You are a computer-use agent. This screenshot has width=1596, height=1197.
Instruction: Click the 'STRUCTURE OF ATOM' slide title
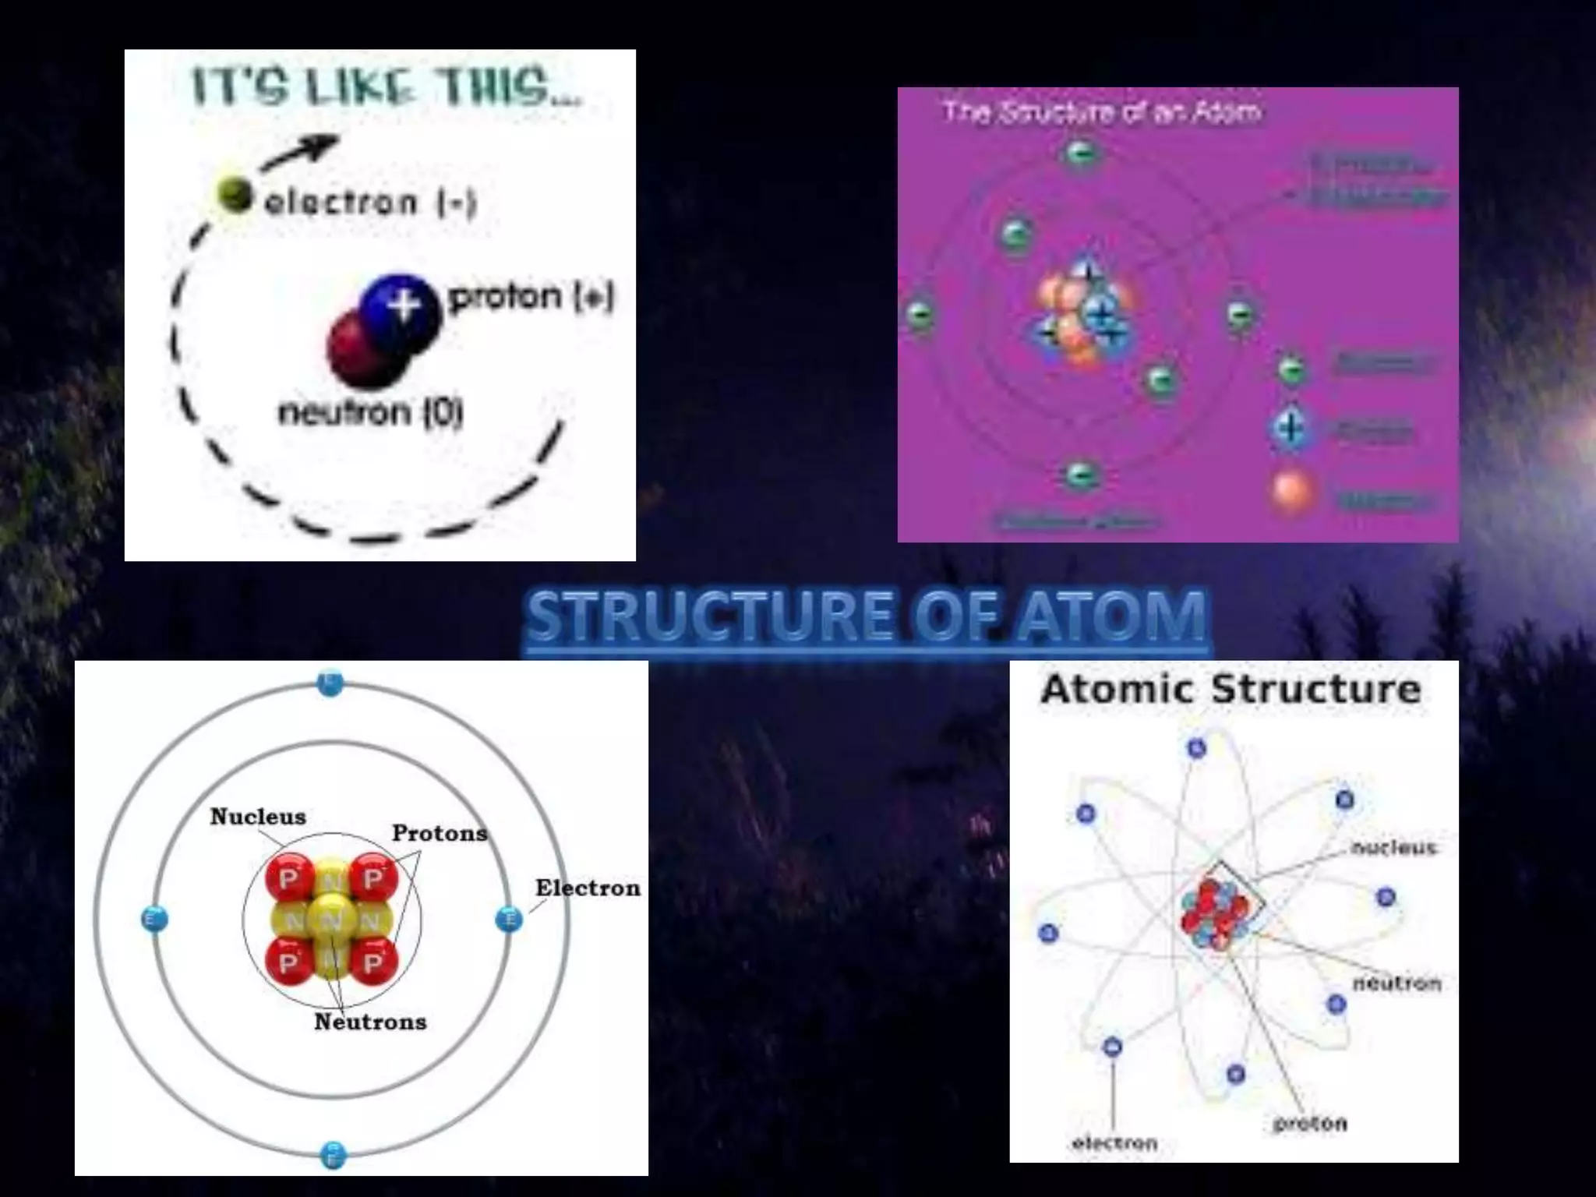867,616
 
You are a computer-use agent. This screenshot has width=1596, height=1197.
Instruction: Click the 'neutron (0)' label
371,411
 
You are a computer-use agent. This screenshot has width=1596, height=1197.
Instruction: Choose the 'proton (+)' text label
531,297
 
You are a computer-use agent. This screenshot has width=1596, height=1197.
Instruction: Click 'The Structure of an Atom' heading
1101,113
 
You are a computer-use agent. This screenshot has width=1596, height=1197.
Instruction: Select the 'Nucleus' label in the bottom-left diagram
258,817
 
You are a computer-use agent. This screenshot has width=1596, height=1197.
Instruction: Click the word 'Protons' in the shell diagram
440,833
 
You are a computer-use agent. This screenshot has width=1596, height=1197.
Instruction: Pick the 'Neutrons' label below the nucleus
370,1022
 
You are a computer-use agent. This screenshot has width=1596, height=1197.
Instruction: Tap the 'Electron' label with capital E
588,888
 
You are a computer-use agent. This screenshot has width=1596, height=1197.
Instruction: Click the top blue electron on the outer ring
330,684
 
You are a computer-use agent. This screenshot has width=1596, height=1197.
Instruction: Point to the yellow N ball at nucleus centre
331,920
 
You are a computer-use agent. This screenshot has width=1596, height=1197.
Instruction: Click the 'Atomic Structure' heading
1231,689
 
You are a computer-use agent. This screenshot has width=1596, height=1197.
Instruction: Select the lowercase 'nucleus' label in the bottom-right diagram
1393,848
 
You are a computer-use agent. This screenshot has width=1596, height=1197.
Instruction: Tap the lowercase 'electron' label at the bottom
1114,1143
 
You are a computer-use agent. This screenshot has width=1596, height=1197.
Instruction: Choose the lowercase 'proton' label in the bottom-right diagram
1309,1124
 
